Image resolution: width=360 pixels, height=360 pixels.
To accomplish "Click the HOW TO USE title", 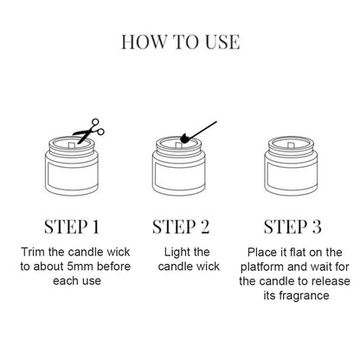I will point(180,42).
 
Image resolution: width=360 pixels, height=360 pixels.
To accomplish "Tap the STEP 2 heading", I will point(181,228).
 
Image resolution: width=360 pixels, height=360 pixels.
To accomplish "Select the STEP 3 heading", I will point(286,228).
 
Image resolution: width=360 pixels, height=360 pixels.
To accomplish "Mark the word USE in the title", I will point(220,42).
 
